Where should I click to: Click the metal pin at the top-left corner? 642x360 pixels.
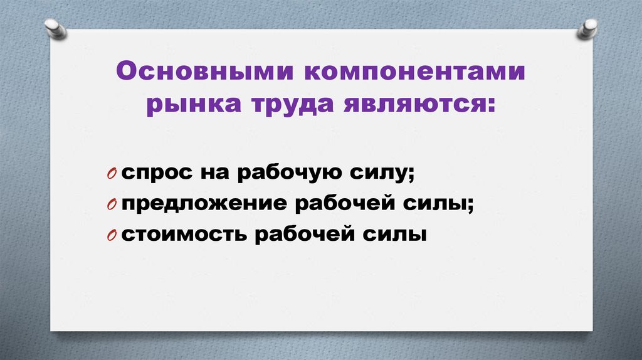pos(55,28)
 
